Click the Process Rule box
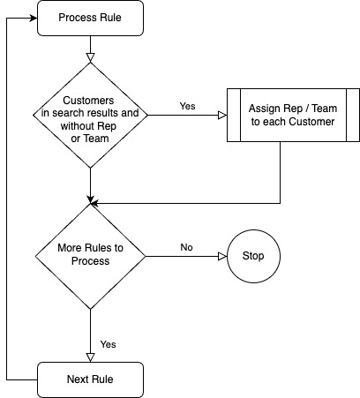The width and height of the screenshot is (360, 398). tap(90, 19)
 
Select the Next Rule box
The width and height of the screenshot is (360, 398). tap(90, 379)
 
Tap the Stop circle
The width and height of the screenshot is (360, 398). tap(252, 257)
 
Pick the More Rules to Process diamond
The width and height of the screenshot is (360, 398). tap(90, 256)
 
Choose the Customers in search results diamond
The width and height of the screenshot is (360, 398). tap(90, 115)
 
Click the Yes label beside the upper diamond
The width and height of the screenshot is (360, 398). tap(187, 105)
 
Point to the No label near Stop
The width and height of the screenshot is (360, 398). tap(187, 248)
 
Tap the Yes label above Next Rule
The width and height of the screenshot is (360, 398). tap(108, 343)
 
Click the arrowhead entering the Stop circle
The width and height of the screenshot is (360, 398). tap(223, 257)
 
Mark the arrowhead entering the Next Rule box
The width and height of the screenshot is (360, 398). tap(90, 357)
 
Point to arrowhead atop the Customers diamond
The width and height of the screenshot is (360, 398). tap(90, 59)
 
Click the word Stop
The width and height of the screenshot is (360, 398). tap(252, 257)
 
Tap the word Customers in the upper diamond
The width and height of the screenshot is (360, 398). tap(90, 100)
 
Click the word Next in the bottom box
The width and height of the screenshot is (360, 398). tap(78, 379)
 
